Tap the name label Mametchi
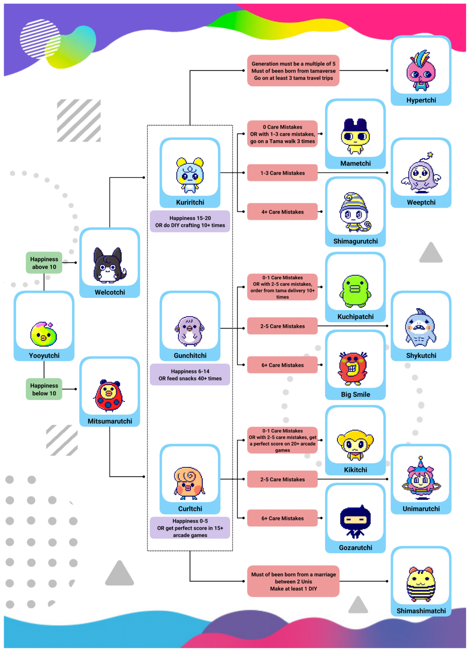pyautogui.click(x=355, y=163)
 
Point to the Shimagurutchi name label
pyautogui.click(x=355, y=241)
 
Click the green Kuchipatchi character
pyautogui.click(x=355, y=291)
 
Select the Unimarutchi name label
pyautogui.click(x=421, y=509)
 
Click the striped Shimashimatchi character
pyautogui.click(x=421, y=583)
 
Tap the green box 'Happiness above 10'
pyautogui.click(x=44, y=263)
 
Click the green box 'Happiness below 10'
pyautogui.click(x=44, y=389)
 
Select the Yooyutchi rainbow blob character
pyautogui.click(x=43, y=334)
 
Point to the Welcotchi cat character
pyautogui.click(x=110, y=265)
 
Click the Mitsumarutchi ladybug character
pyautogui.click(x=109, y=395)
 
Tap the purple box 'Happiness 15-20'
pyautogui.click(x=190, y=222)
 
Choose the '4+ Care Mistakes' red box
pyautogui.click(x=282, y=212)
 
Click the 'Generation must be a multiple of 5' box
pyautogui.click(x=293, y=71)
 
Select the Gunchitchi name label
pyautogui.click(x=190, y=355)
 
